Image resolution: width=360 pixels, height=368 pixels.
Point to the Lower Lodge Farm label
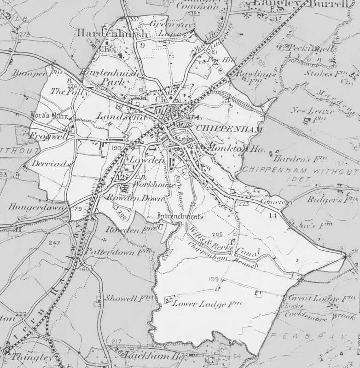coord(207,304)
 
